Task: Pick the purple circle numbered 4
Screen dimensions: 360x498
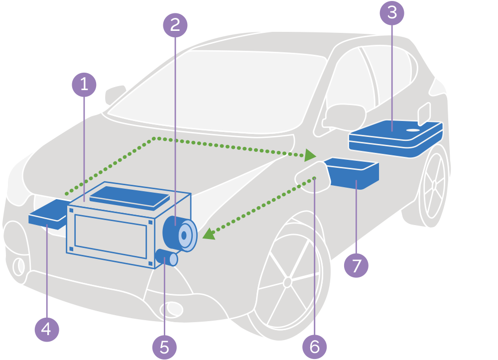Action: pyautogui.click(x=46, y=329)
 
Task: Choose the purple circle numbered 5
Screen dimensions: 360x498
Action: pyautogui.click(x=165, y=347)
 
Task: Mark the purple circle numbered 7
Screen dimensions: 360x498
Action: pyautogui.click(x=356, y=265)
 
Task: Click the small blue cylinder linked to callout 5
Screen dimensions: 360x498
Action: pyautogui.click(x=166, y=257)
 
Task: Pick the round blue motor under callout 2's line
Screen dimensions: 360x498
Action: pyautogui.click(x=180, y=234)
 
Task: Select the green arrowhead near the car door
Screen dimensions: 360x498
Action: pyautogui.click(x=310, y=155)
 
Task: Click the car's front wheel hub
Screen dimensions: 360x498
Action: pyautogui.click(x=287, y=282)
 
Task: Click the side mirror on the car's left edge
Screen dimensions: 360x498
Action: pyautogui.click(x=116, y=94)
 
